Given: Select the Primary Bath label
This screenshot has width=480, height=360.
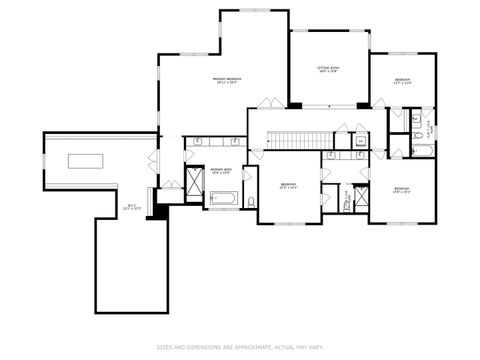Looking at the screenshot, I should pyautogui.click(x=221, y=171).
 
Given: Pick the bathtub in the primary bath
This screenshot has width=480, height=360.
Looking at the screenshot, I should pyautogui.click(x=222, y=200).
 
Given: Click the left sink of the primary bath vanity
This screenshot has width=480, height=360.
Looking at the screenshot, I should pyautogui.click(x=198, y=142).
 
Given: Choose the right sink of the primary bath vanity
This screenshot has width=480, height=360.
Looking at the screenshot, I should pyautogui.click(x=231, y=142).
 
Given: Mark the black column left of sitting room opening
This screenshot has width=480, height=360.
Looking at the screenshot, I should pyautogui.click(x=295, y=104).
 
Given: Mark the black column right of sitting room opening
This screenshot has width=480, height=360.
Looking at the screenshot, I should pyautogui.click(x=363, y=104).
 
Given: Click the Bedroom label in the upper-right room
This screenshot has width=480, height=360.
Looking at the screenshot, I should pyautogui.click(x=403, y=79).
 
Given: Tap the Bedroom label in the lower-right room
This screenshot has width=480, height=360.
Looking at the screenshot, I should pyautogui.click(x=402, y=189).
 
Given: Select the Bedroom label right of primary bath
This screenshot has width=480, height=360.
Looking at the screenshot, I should pyautogui.click(x=288, y=185).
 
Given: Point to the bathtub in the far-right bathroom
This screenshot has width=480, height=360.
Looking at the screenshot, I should pyautogui.click(x=422, y=152).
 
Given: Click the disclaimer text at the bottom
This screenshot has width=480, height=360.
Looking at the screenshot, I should pyautogui.click(x=240, y=347).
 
